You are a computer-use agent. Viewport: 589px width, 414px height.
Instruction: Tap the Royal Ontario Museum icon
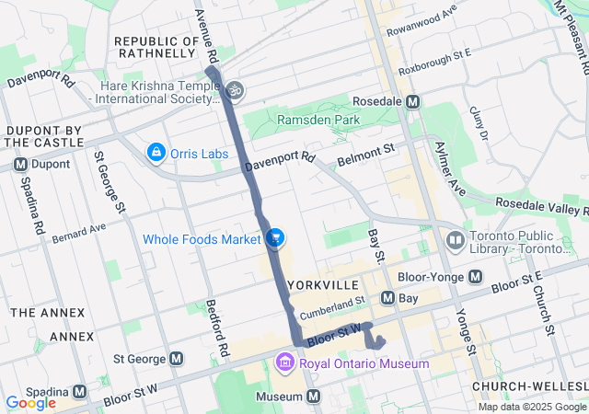[x=284, y=363]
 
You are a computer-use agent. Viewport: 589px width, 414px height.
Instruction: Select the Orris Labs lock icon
[x=156, y=151]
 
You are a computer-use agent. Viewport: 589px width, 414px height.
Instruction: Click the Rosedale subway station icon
[x=413, y=102]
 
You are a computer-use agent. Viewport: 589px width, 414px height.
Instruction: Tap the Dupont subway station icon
[x=19, y=164]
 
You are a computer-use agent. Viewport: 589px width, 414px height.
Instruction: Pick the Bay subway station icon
[x=387, y=298]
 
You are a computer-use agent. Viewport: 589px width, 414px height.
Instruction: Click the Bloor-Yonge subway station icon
[x=475, y=276]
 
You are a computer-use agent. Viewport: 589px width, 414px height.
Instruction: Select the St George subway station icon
[x=175, y=358]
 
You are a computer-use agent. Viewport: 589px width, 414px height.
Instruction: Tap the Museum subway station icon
[x=314, y=397]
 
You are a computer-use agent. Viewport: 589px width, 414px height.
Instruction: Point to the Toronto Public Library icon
[x=455, y=241]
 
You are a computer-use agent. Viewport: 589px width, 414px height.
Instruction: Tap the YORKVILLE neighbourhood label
[x=319, y=284]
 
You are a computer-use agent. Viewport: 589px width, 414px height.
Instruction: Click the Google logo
[x=30, y=402]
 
